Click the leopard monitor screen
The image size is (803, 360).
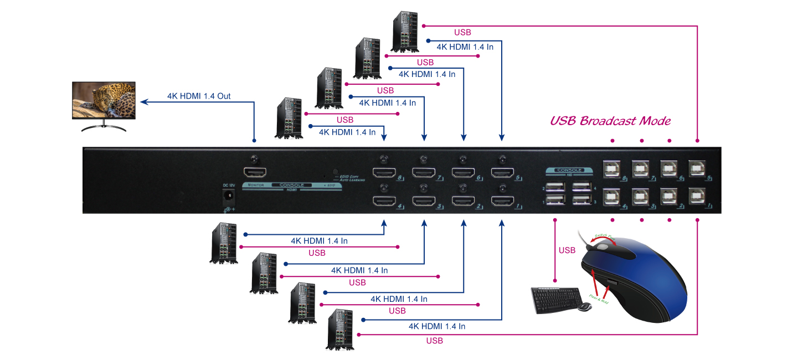click(104, 100)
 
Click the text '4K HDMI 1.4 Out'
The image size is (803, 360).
click(199, 96)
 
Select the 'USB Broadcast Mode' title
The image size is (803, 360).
click(610, 121)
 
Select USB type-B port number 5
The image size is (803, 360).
click(697, 168)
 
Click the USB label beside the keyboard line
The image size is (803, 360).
click(567, 250)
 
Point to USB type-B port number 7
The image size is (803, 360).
click(640, 168)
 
